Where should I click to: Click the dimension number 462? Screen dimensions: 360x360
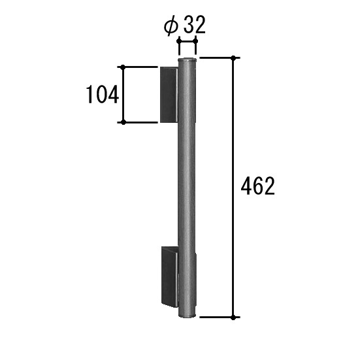point(257,186)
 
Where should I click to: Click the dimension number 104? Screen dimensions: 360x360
point(102,94)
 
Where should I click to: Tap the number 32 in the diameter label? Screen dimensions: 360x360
point(194,25)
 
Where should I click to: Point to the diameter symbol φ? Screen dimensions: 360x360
point(171,25)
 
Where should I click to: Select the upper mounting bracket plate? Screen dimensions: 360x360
point(169,95)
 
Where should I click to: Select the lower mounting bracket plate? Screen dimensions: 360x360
point(170,276)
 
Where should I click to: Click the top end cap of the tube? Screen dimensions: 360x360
point(187,60)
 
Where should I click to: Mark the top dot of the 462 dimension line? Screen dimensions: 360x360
point(233,57)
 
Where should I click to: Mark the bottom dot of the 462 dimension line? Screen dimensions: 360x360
point(233,318)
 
